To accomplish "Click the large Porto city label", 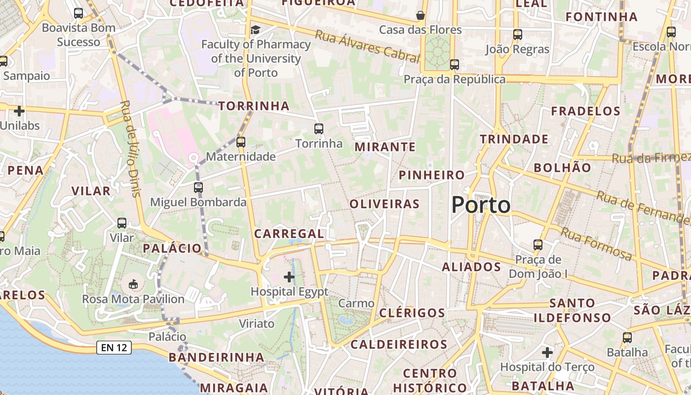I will (x=481, y=205).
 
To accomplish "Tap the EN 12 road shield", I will (x=114, y=348).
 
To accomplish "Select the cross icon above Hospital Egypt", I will (x=289, y=277).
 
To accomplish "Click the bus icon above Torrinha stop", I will (x=319, y=129).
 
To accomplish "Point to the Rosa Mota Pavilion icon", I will (x=133, y=284).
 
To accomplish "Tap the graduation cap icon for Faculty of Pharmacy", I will (x=255, y=30).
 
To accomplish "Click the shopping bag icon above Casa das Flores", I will (x=421, y=15).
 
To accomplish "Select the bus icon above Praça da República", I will (x=455, y=65).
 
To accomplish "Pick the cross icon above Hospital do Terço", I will (x=547, y=353).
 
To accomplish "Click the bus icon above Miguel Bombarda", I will (x=198, y=188).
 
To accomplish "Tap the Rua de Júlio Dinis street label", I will (x=131, y=148).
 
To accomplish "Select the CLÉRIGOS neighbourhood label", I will (x=412, y=313).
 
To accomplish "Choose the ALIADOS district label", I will (x=471, y=267).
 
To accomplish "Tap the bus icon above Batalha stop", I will (x=627, y=338).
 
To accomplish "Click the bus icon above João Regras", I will (x=517, y=35).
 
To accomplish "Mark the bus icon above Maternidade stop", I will (x=241, y=142).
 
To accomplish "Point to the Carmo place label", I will (x=356, y=303).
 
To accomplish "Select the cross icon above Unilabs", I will (x=19, y=111).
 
